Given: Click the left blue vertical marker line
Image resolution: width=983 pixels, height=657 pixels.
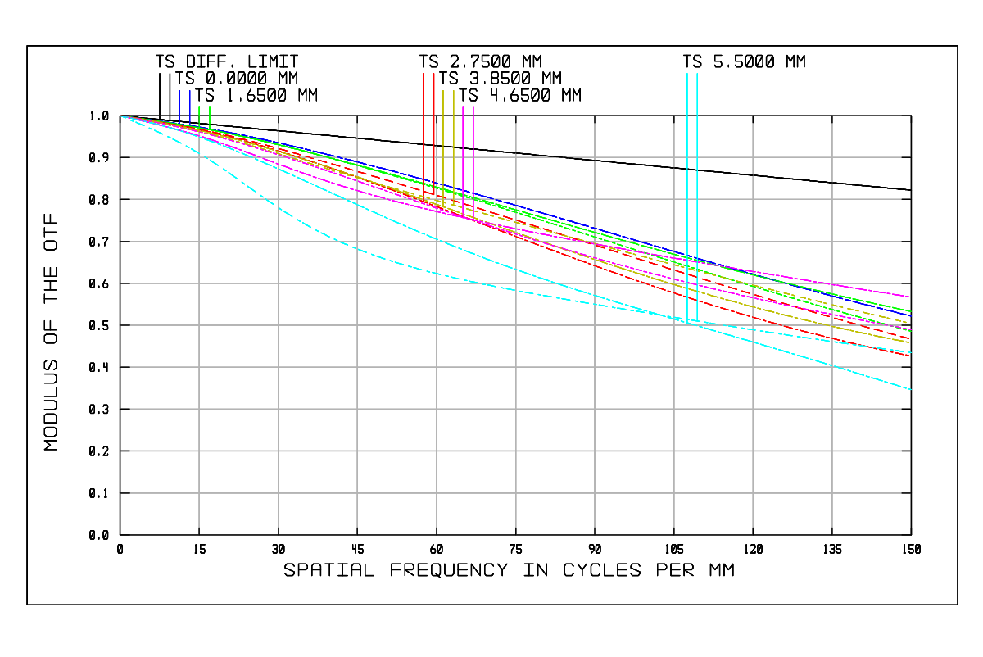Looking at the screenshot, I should (x=179, y=105).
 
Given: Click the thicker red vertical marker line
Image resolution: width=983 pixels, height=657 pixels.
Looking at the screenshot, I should (x=433, y=123).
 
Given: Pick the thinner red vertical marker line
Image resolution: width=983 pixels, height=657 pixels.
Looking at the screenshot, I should (x=424, y=123).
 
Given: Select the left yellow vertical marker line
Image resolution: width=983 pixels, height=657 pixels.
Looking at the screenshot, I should (x=443, y=131).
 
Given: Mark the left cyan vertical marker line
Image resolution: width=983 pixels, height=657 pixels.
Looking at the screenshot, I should (x=687, y=164).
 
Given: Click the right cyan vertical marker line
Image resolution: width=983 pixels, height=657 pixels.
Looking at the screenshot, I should (x=697, y=164).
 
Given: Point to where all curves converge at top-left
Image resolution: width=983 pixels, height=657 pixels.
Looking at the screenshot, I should (x=121, y=116).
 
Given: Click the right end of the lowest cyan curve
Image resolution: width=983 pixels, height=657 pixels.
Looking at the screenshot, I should (x=910, y=388).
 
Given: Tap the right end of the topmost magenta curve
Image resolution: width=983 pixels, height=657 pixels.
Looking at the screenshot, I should (x=910, y=297).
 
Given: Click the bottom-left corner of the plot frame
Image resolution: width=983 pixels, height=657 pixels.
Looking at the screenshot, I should (x=120, y=535).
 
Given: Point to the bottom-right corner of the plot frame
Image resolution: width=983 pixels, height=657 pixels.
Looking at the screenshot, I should (x=911, y=535).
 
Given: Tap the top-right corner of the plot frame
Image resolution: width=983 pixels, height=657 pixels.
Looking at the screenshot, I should (x=911, y=116).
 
